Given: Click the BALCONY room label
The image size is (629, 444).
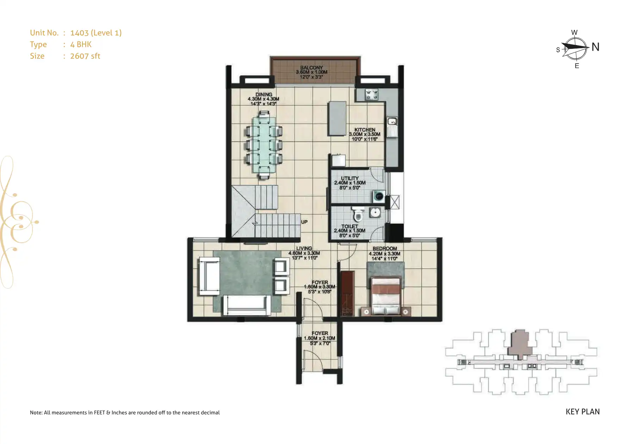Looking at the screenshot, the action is coord(312,68).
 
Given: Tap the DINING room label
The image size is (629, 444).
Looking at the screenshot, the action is coord(264,94).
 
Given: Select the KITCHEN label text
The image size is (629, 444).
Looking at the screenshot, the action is coord(365,130).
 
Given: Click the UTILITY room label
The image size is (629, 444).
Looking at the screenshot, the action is coord(350,178).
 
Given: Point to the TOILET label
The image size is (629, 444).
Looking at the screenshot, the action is coord(350,226).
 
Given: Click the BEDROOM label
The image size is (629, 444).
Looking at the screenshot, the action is coord(385,248).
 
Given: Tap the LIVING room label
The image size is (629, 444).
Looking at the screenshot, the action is coord(304,248).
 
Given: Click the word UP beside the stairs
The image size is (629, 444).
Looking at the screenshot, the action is coord(304,222).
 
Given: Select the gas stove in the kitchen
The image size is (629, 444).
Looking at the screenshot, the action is coord(371,94).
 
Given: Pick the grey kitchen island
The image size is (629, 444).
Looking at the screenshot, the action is coord(337,119).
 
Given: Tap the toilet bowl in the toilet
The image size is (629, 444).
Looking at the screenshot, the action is coord(359,214).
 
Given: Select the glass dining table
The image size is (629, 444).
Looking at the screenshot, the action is coord(264,145).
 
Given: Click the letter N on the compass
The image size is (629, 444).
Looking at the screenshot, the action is coord(596,47).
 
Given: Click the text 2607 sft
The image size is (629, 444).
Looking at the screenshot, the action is coord(85,56).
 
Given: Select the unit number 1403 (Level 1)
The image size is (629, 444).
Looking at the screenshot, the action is coord(96,33).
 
